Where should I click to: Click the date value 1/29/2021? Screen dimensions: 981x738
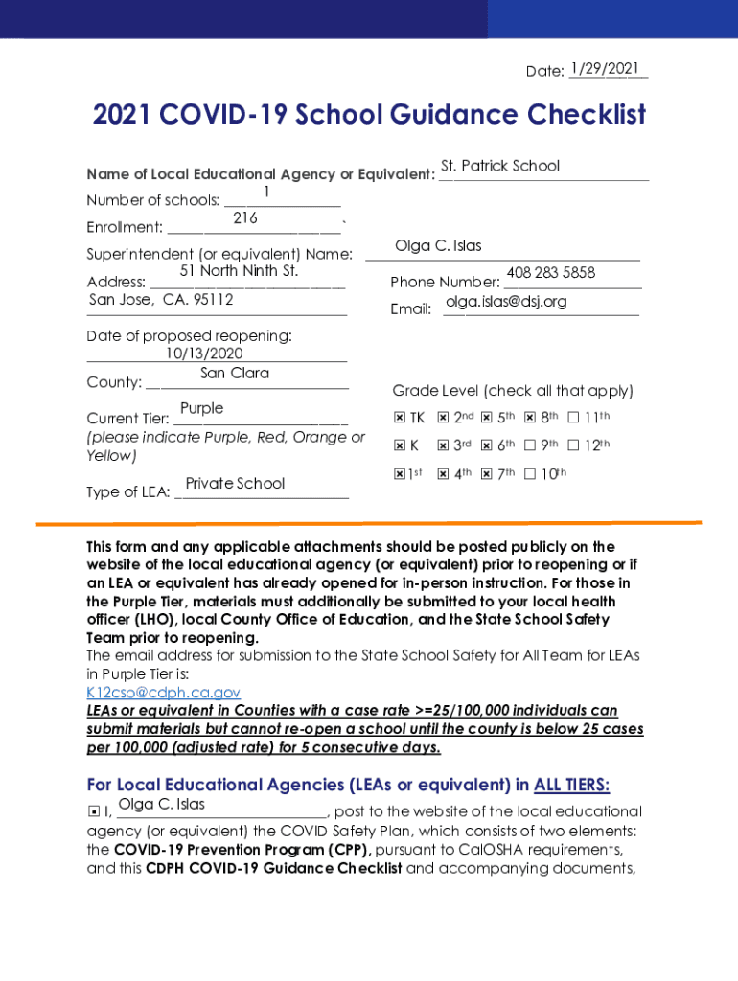coord(604,69)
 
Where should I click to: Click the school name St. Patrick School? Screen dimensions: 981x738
coord(500,166)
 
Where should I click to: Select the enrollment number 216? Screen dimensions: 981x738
coord(245,218)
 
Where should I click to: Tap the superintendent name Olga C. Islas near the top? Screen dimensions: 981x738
coord(438,246)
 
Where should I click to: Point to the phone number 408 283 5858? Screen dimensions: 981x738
coord(551,273)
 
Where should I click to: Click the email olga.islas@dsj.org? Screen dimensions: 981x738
coord(506,302)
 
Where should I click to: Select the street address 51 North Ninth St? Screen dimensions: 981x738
coord(240,271)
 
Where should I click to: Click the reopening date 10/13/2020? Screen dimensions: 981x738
coord(204,354)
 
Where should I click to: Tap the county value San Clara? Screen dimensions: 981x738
coord(235,373)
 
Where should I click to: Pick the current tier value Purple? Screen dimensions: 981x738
coord(201,408)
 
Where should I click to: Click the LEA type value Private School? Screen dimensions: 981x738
coord(235,483)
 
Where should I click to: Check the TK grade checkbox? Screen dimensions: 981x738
coord(400,419)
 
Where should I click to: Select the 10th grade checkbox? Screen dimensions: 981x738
coord(530,473)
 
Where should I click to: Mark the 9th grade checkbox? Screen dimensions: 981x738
coord(530,445)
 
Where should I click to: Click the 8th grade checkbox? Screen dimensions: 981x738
coord(530,419)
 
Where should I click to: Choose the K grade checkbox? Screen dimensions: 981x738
coord(400,445)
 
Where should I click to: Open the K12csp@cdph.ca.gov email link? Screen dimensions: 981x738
coord(163,693)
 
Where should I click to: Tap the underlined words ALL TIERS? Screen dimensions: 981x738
coord(571,786)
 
